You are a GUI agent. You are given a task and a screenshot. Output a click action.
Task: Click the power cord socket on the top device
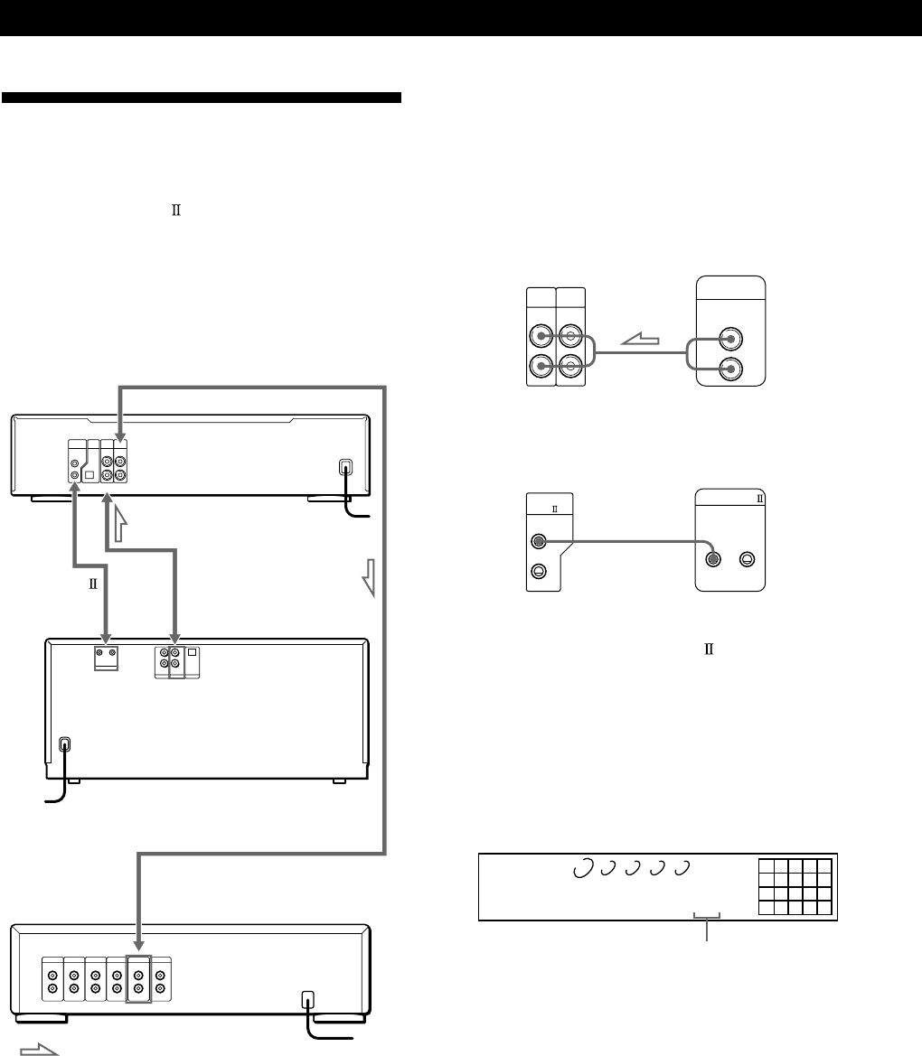pyautogui.click(x=344, y=469)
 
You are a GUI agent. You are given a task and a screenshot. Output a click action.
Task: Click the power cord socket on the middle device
pyautogui.click(x=64, y=746)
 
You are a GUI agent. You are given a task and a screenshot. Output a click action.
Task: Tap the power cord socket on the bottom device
pyautogui.click(x=308, y=1000)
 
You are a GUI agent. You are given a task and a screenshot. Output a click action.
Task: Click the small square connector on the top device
pyautogui.click(x=89, y=472)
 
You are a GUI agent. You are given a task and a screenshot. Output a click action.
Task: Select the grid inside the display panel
pyautogui.click(x=795, y=886)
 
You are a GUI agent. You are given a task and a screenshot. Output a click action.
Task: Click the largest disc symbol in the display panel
pyautogui.click(x=582, y=867)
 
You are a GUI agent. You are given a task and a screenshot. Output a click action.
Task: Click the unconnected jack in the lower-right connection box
pyautogui.click(x=746, y=559)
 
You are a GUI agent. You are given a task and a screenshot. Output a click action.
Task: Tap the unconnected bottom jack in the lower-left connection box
pyautogui.click(x=538, y=570)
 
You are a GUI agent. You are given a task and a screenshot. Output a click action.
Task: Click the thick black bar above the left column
pyautogui.click(x=202, y=97)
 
